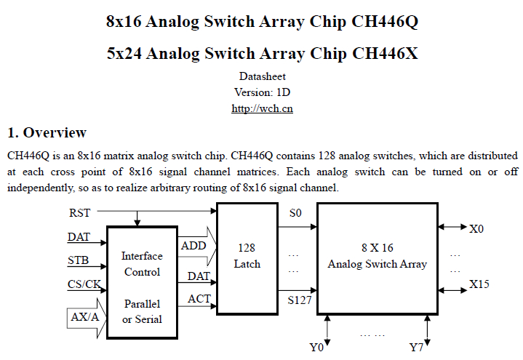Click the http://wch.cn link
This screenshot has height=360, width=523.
coord(262,108)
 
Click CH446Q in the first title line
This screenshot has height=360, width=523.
coord(384,21)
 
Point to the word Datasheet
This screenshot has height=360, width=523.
coord(262,76)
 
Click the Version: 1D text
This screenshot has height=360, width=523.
coord(262,92)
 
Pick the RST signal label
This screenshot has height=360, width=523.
coord(80,212)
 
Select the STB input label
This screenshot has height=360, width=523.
coord(79,260)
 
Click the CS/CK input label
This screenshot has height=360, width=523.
coord(84,284)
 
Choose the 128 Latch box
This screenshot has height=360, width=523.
coord(247,256)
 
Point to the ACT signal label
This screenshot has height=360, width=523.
coord(199,298)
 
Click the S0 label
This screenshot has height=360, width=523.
coord(295,213)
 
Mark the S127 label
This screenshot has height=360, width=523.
coord(300,299)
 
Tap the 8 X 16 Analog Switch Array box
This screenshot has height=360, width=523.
coord(378,256)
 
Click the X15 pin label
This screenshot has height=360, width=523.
coord(479,284)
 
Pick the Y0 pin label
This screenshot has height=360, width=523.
coord(316,348)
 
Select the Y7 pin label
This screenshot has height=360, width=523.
coord(416,348)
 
